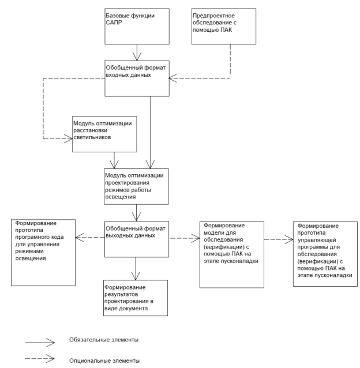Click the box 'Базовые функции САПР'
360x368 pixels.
pos(137,27)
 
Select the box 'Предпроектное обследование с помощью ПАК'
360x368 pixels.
pos(224,27)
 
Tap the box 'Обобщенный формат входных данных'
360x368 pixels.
pos(137,78)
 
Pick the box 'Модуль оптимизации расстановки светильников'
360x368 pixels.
pos(104,134)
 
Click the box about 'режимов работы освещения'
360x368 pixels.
pos(136,186)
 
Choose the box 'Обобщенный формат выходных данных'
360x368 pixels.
pos(137,239)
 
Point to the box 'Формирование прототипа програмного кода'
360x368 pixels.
pos(43,253)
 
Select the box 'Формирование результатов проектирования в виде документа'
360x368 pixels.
pos(136,298)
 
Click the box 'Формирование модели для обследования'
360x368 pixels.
pos(231,254)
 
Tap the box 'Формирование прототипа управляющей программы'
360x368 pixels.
pos(325,254)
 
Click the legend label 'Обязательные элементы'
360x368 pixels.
pos(104,340)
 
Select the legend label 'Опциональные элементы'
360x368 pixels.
pos(104,361)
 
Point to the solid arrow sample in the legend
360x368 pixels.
pos(40,343)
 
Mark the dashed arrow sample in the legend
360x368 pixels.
pos(40,359)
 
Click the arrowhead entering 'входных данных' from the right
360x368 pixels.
pos(172,78)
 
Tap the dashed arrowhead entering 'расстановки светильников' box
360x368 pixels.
pos(68,138)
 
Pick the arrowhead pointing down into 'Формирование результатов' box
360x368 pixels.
pos(136,276)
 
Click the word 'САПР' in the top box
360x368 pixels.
pos(114,22)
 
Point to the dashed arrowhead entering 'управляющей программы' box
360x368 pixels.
pos(289,239)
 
